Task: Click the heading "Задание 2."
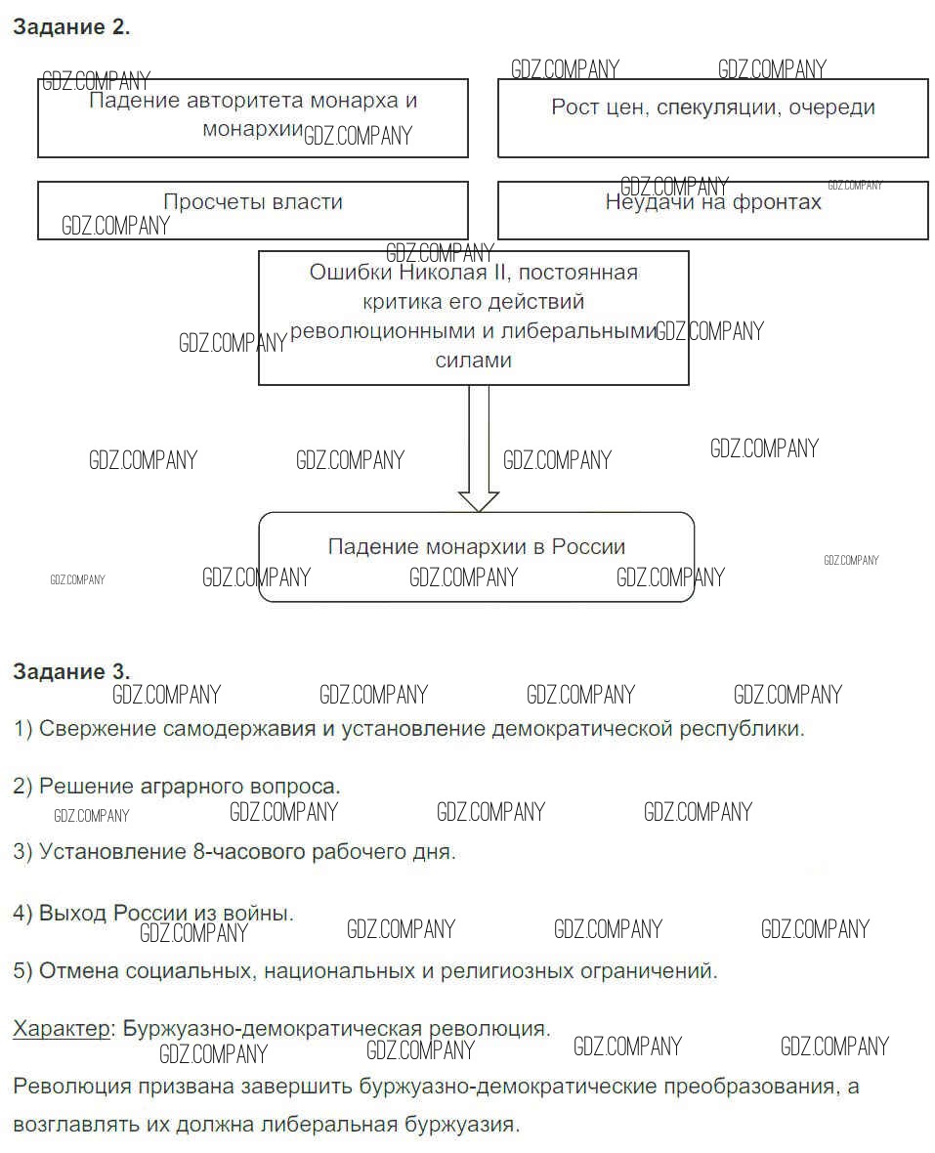pos(70,27)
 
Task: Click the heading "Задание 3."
pos(70,671)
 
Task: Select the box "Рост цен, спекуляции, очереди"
pos(712,118)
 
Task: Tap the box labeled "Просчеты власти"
pos(252,209)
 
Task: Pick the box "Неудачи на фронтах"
pos(712,209)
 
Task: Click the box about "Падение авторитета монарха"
pos(252,117)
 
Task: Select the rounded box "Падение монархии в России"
pos(476,556)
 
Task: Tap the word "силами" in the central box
pos(473,360)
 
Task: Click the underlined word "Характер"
pos(62,1028)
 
